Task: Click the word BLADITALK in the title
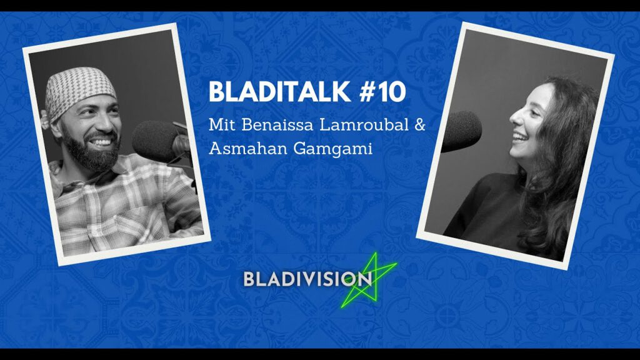280,92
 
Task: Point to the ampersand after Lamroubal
420,125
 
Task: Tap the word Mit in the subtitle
222,124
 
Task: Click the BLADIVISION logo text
307,279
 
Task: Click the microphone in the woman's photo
462,131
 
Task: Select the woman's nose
515,118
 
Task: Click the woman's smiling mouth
521,137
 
